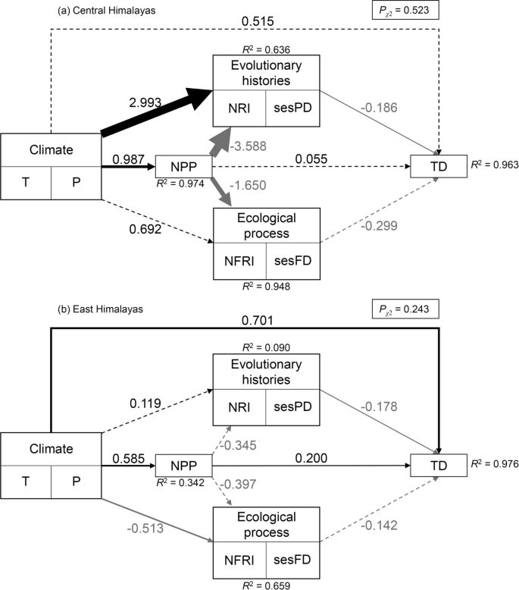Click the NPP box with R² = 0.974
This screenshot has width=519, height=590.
(182, 165)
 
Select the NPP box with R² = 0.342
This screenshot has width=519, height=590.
(182, 464)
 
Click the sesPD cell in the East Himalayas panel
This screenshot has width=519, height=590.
(292, 408)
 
